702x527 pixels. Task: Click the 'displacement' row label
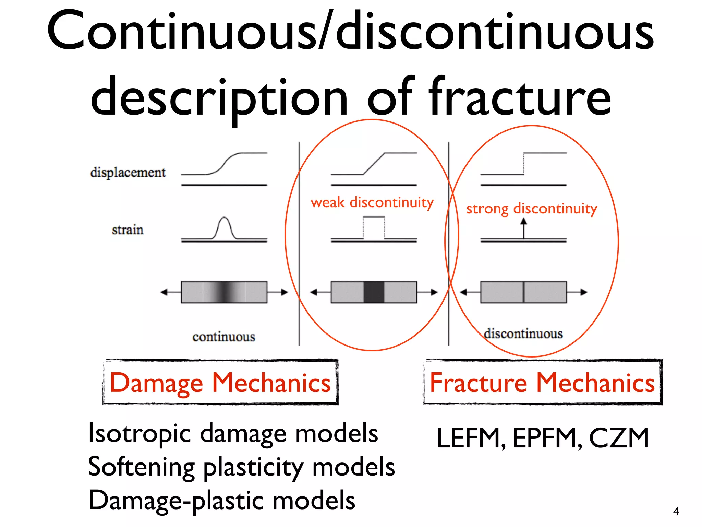pyautogui.click(x=128, y=172)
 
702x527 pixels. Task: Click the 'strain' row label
pyautogui.click(x=128, y=230)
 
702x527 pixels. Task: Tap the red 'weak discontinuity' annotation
pyautogui.click(x=372, y=202)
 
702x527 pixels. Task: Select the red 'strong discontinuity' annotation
pyautogui.click(x=531, y=209)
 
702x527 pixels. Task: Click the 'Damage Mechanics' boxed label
pyautogui.click(x=220, y=382)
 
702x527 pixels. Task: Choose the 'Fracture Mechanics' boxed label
pyautogui.click(x=542, y=382)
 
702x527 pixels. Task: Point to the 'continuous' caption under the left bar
pyautogui.click(x=224, y=337)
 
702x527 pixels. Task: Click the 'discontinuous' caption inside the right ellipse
pyautogui.click(x=523, y=333)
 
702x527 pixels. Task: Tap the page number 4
pyautogui.click(x=676, y=511)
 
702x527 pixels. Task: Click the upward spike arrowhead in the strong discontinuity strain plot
pyautogui.click(x=523, y=222)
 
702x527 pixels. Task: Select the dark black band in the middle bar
pyautogui.click(x=374, y=292)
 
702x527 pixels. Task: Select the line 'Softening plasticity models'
pyautogui.click(x=241, y=467)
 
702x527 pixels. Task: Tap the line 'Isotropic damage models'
pyautogui.click(x=233, y=433)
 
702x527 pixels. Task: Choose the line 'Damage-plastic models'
pyautogui.click(x=222, y=500)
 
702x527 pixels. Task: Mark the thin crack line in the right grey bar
pyautogui.click(x=523, y=292)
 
